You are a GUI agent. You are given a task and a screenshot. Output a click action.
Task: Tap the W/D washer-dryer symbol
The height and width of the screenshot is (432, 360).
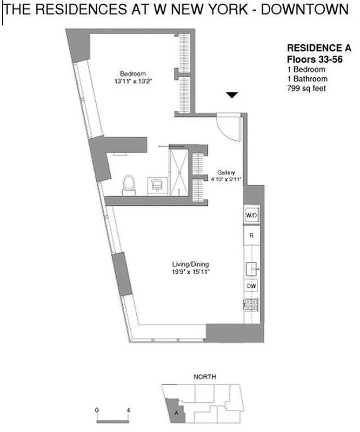[x=251, y=215]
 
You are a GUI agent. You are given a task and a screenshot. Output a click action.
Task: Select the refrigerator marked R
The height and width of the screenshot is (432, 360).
[x=251, y=236]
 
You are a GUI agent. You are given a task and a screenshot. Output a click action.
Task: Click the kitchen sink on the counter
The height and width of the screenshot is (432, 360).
[x=252, y=267]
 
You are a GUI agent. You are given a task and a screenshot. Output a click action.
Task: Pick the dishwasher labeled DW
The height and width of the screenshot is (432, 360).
[x=251, y=286]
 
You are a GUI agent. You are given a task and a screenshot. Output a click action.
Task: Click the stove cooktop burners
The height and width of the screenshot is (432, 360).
[x=251, y=305]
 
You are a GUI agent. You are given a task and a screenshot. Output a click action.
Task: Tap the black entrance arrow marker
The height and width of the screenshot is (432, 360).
[x=232, y=96]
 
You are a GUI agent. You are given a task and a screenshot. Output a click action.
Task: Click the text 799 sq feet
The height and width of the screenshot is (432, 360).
[x=306, y=88]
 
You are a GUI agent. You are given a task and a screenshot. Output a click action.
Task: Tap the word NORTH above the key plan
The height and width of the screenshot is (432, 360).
[x=205, y=376]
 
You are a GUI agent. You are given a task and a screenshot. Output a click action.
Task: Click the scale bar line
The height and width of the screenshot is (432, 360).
[x=112, y=418]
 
